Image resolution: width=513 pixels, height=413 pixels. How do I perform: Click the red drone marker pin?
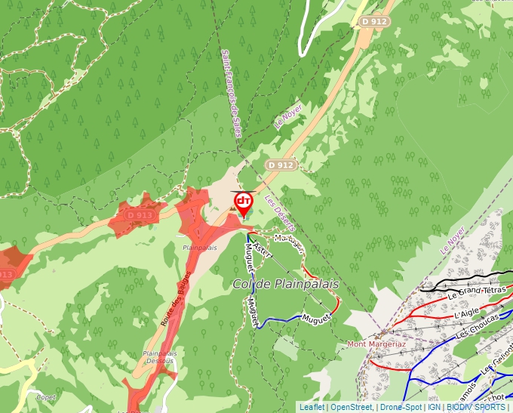point(243,202)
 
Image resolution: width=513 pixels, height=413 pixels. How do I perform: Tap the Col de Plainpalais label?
point(286,284)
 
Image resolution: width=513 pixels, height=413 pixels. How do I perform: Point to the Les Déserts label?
point(280,214)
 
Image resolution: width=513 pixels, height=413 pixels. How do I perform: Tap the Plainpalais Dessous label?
point(158,356)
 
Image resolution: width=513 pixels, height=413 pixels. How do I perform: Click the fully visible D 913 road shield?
point(140,215)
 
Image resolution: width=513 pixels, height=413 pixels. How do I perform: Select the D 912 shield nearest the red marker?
point(280,164)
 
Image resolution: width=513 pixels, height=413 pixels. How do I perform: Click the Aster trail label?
point(261,248)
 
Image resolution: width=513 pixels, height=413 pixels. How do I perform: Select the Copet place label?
point(46,396)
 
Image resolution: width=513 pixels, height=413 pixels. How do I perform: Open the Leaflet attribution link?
point(312,407)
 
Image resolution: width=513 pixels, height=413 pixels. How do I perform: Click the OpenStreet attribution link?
point(351,407)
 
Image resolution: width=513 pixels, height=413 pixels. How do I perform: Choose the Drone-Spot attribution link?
point(401,407)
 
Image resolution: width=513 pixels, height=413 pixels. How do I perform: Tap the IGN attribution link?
point(434,407)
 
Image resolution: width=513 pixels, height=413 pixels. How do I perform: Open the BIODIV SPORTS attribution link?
point(475,407)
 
